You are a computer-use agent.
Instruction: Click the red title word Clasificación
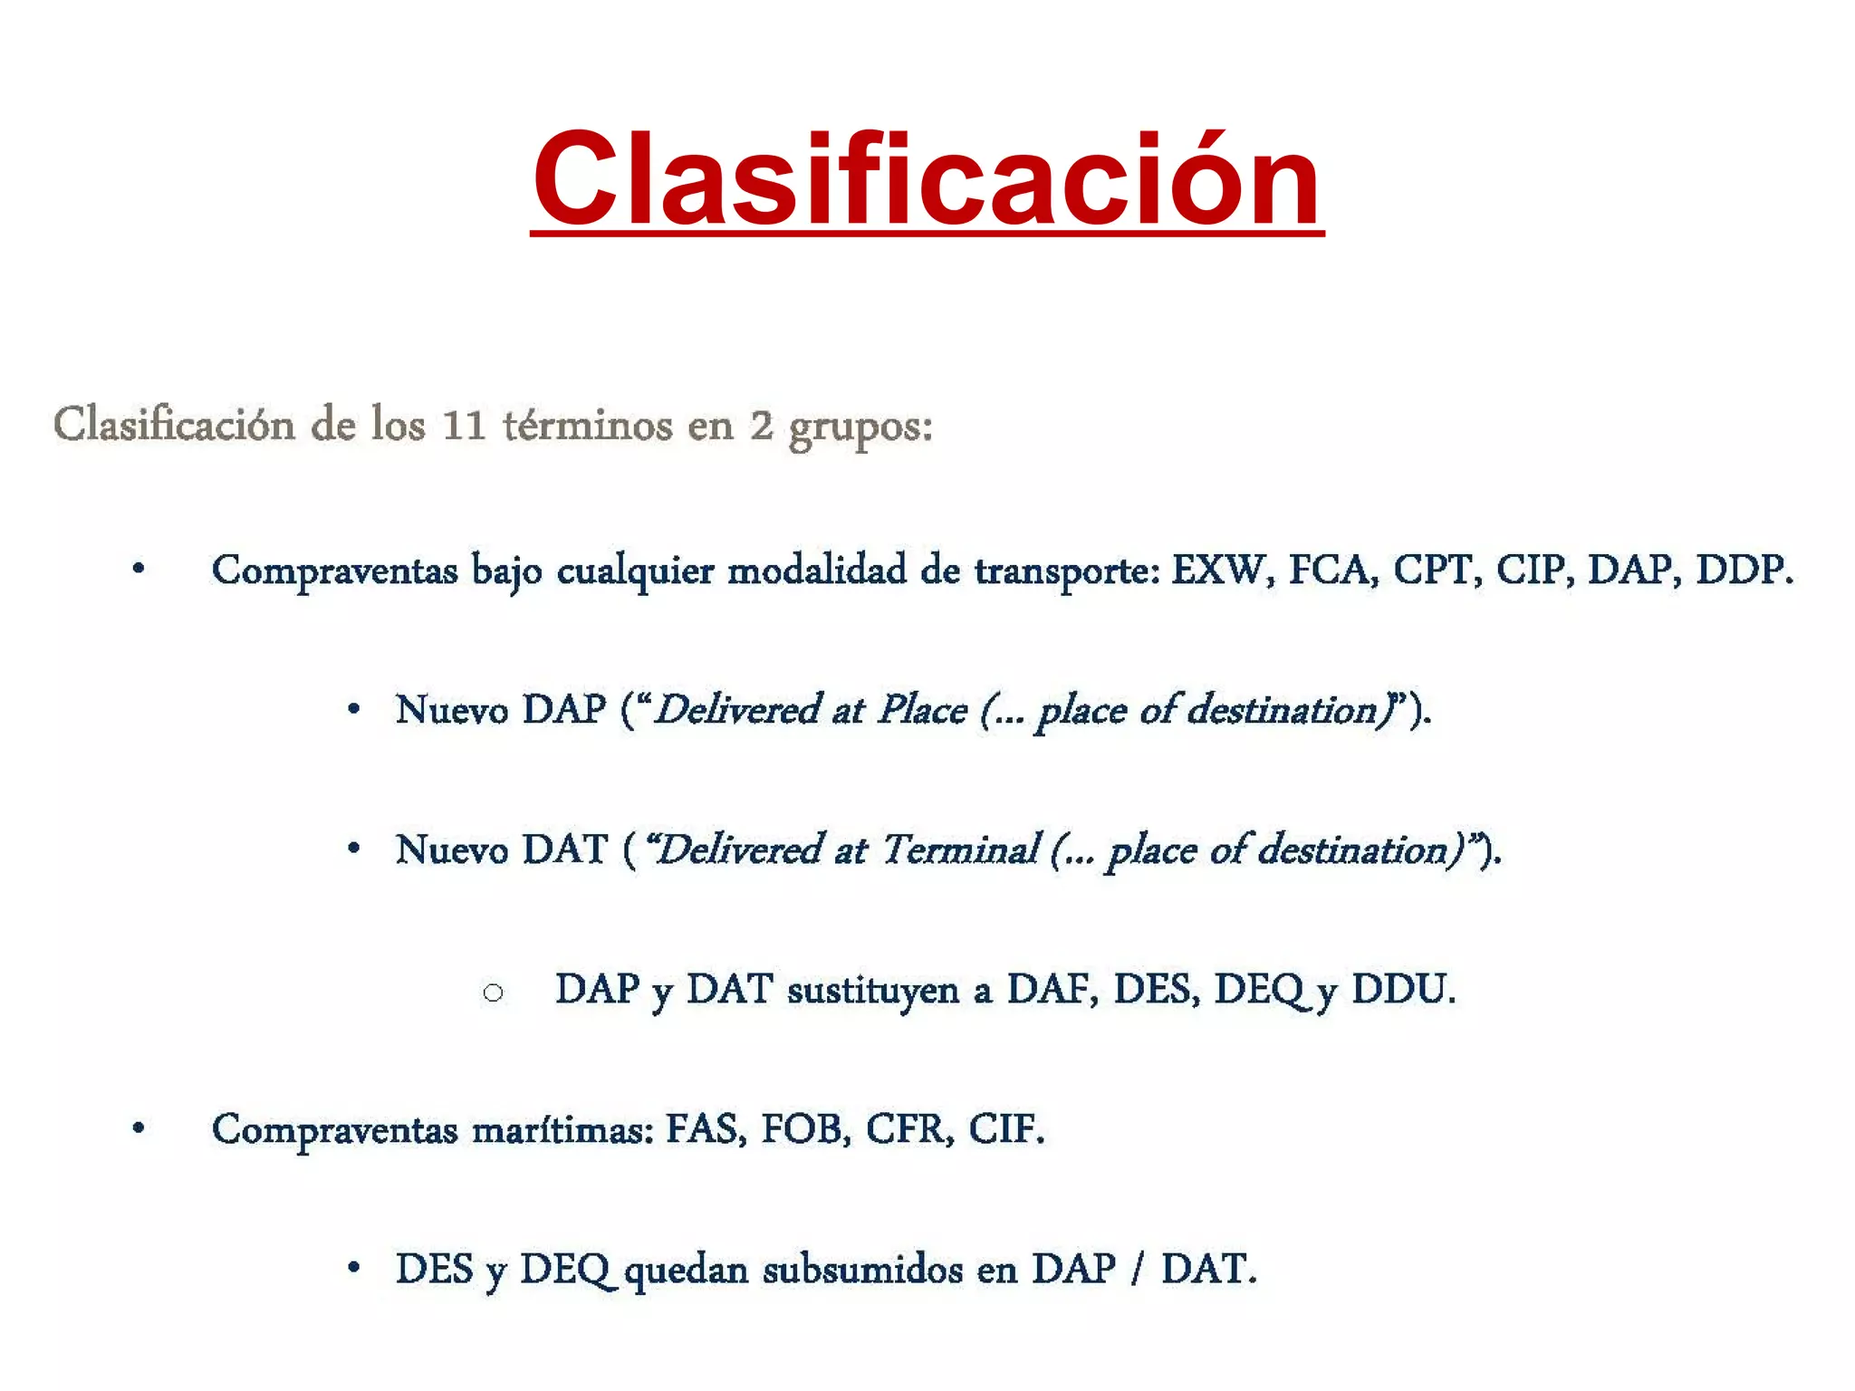coord(926,178)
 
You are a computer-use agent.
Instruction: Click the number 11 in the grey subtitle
coord(464,426)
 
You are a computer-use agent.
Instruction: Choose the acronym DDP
coord(1743,571)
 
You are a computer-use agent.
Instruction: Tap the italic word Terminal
coord(960,849)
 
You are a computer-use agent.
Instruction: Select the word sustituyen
coord(872,990)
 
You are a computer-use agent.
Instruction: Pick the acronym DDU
coord(1402,989)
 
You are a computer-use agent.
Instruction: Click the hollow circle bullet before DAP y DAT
coord(493,993)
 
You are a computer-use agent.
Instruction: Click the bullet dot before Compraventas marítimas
coord(139,1128)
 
